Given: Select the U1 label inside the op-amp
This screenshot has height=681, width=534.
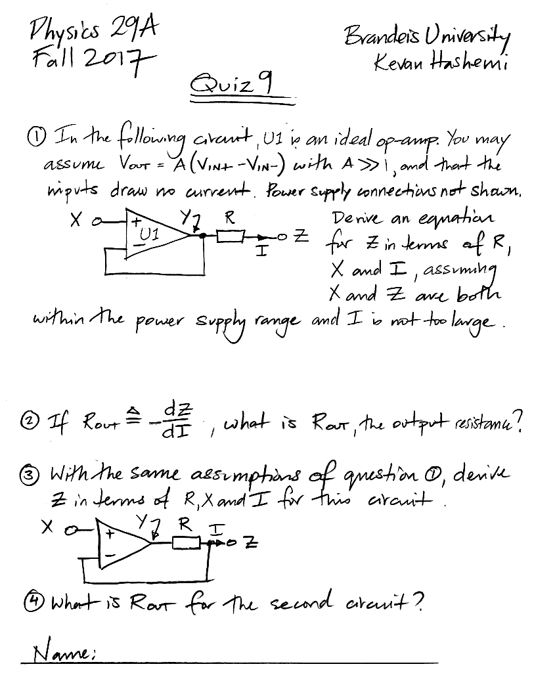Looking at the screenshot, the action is pyautogui.click(x=149, y=234).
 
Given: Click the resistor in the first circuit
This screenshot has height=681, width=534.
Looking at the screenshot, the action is pyautogui.click(x=230, y=236).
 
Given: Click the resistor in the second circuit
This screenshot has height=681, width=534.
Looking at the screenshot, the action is pyautogui.click(x=185, y=542).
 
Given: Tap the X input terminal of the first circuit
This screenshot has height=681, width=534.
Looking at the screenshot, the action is pyautogui.click(x=99, y=223).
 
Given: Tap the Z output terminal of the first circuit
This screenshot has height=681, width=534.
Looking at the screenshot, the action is pyautogui.click(x=282, y=237).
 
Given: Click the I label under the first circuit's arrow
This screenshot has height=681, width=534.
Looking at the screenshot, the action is pyautogui.click(x=261, y=251).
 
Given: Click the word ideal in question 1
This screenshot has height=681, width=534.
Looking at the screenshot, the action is pyautogui.click(x=353, y=140).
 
